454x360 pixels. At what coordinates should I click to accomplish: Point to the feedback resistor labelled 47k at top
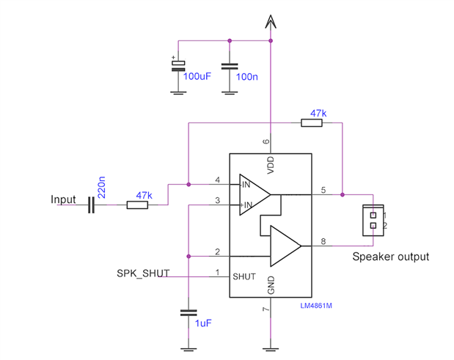tap(312, 123)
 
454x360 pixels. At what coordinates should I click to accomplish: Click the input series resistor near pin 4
tap(137, 205)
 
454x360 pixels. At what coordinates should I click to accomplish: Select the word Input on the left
tap(64, 199)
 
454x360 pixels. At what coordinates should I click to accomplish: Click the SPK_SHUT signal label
tap(143, 273)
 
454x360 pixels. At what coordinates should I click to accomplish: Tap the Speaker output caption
tap(390, 257)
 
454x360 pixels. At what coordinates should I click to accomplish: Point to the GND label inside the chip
tap(271, 286)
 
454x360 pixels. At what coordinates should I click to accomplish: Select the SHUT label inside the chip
tap(244, 276)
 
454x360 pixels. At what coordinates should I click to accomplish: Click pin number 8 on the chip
tap(323, 241)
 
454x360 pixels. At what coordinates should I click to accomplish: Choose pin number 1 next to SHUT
tap(217, 273)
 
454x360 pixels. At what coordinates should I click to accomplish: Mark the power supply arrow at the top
tap(271, 23)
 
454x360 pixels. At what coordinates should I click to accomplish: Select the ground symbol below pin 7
tap(271, 347)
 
